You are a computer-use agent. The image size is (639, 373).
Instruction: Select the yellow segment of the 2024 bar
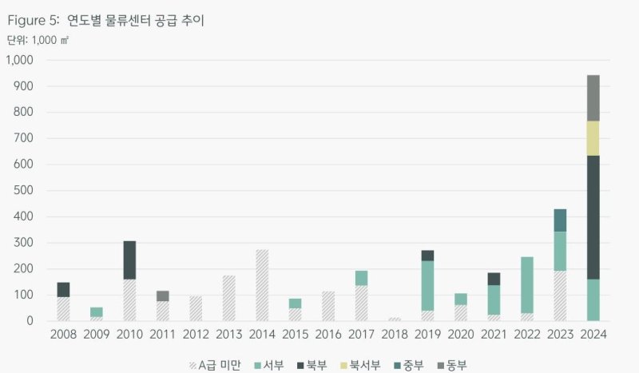(593, 138)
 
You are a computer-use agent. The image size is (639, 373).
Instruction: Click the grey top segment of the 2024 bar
(593, 97)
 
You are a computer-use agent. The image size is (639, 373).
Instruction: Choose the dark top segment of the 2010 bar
(129, 260)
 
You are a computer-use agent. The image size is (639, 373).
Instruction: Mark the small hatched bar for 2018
(395, 319)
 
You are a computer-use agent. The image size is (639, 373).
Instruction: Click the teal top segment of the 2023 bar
(560, 220)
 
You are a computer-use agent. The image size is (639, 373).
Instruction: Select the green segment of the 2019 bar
(427, 285)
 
